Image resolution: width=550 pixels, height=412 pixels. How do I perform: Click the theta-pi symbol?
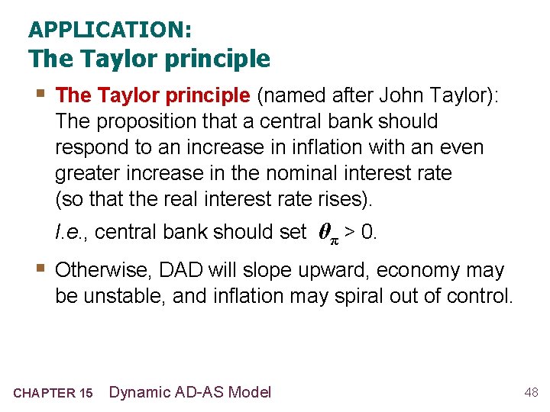click(326, 233)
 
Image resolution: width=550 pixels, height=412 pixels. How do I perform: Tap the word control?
click(484, 296)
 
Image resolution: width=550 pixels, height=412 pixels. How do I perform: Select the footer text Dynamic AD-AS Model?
click(190, 392)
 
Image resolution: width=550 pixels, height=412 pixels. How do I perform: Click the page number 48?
click(531, 392)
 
